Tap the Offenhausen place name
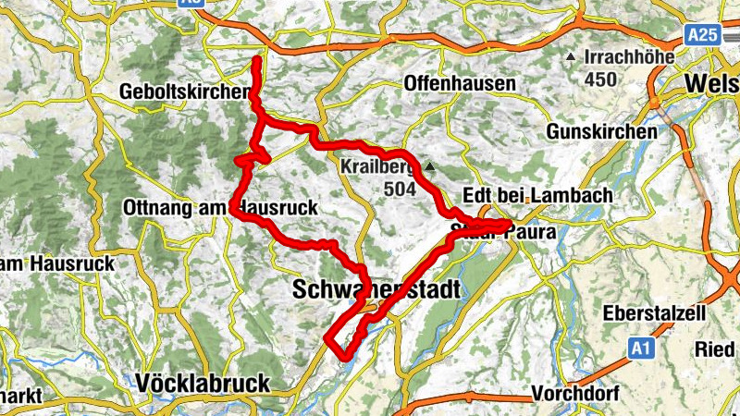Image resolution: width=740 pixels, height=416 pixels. click(x=460, y=83)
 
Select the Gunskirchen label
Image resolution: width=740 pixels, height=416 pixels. click(x=601, y=132)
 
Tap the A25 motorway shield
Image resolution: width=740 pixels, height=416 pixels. click(x=703, y=34)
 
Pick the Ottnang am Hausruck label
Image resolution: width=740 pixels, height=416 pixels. click(x=220, y=210)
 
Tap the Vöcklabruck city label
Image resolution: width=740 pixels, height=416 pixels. click(x=202, y=382)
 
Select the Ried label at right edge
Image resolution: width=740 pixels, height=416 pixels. click(x=718, y=350)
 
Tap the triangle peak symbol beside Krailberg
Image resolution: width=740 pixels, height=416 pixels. click(x=431, y=166)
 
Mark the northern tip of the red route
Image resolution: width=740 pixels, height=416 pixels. click(x=255, y=59)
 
